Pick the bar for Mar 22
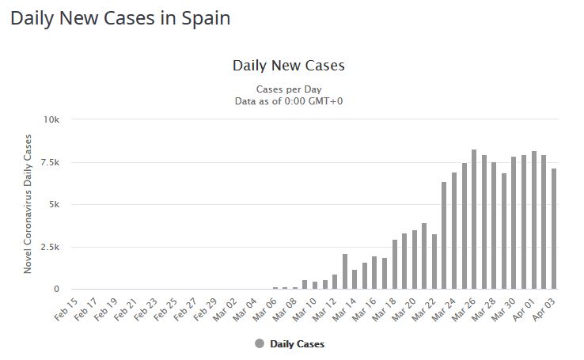434,262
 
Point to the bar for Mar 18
395,264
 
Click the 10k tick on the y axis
51,119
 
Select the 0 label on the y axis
56,290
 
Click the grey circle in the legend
260,343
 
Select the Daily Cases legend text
297,343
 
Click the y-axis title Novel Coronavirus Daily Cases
28,204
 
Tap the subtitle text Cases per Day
288,89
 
